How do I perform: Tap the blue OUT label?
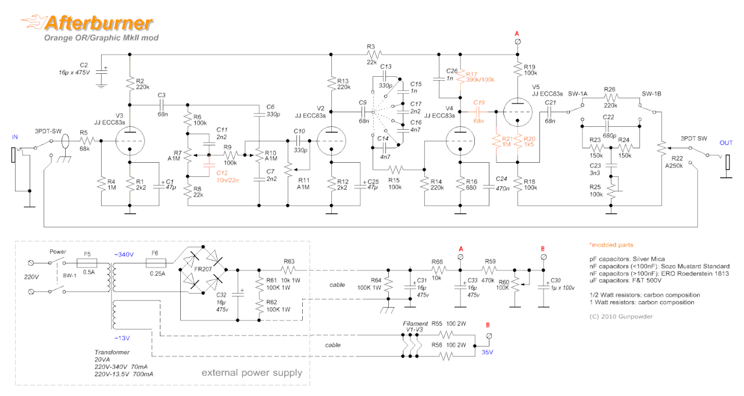click(726, 142)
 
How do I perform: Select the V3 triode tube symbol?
click(130, 141)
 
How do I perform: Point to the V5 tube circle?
click(518, 111)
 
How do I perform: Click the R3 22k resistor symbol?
click(372, 54)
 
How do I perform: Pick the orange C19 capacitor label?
click(479, 102)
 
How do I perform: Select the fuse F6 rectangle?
click(155, 262)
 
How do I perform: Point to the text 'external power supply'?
click(252, 373)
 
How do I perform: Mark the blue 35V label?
click(487, 352)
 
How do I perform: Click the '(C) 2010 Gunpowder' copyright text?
click(620, 316)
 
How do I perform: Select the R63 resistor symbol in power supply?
click(290, 270)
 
